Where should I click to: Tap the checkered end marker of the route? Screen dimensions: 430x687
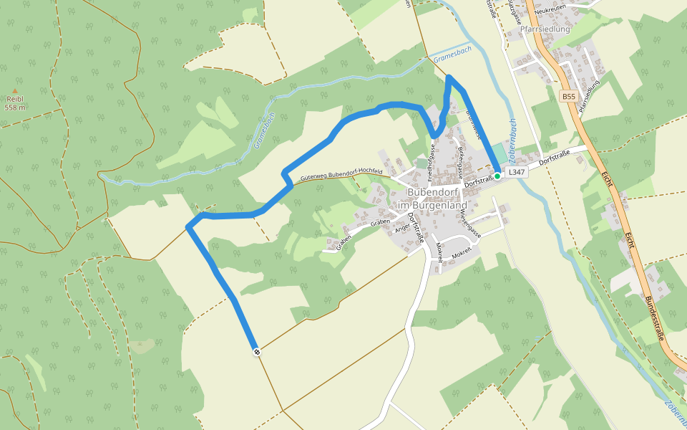click(256, 351)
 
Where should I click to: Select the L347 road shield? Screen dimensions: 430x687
click(517, 173)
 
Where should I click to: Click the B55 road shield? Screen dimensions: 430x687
click(568, 96)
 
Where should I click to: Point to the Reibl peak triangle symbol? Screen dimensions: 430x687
click(15, 91)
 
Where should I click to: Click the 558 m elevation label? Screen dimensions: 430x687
click(15, 107)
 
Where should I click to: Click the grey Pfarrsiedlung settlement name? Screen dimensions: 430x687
click(545, 29)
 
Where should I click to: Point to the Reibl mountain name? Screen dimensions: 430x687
click(15, 100)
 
